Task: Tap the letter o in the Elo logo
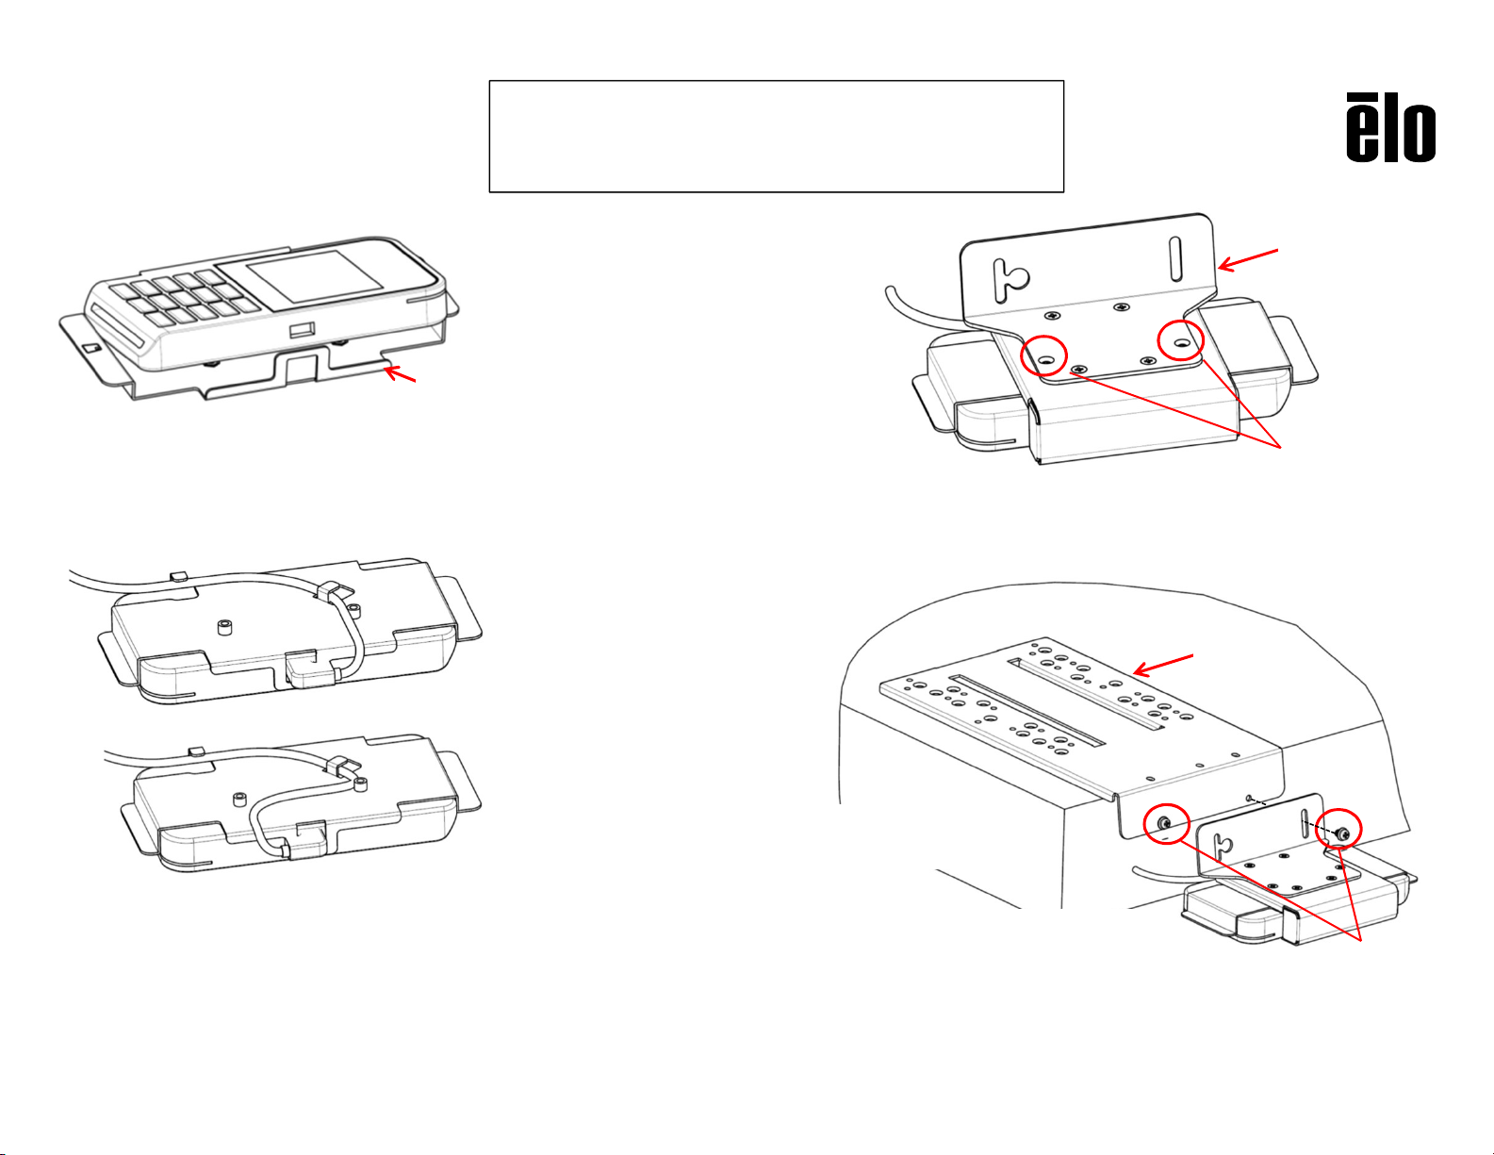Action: (1419, 132)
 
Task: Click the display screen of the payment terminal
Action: (315, 275)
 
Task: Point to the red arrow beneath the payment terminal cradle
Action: (400, 373)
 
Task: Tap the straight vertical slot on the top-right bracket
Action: (1175, 259)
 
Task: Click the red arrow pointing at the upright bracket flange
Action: (1248, 259)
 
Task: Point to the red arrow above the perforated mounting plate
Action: (1162, 665)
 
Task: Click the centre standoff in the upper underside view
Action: (225, 627)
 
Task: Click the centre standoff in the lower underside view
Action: (240, 799)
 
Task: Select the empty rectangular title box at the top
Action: (776, 136)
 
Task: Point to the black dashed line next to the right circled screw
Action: (1320, 827)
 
